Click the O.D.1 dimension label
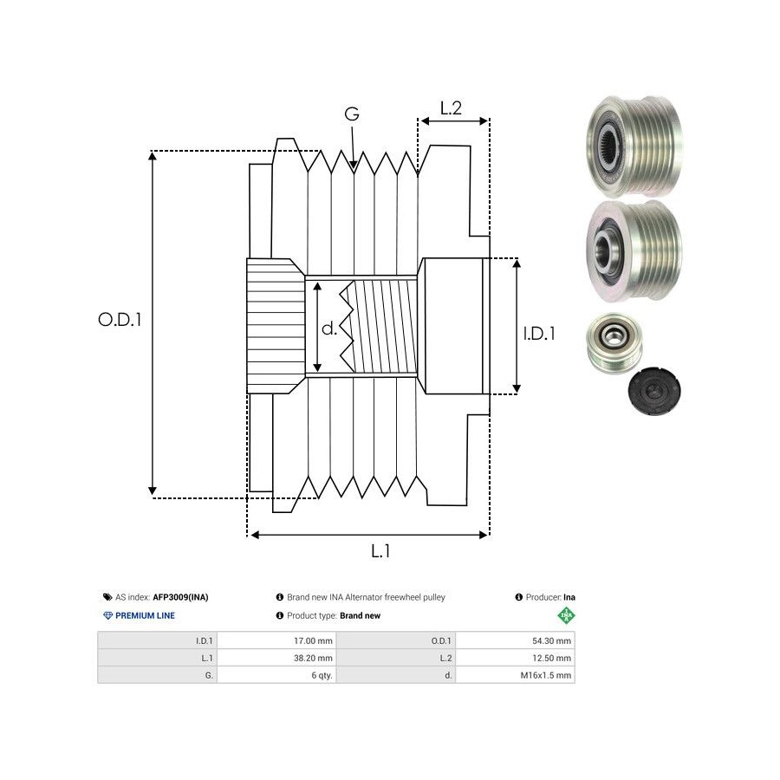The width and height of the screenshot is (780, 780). point(120,319)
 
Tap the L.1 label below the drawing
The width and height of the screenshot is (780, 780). point(380,550)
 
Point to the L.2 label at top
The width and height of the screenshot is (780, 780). point(451,109)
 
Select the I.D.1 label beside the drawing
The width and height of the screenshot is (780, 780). point(538,332)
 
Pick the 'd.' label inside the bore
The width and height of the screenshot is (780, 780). point(329,328)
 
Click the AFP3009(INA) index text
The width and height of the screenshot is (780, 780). point(180,597)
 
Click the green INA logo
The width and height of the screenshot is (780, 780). point(566,616)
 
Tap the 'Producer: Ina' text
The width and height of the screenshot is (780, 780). point(545,597)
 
